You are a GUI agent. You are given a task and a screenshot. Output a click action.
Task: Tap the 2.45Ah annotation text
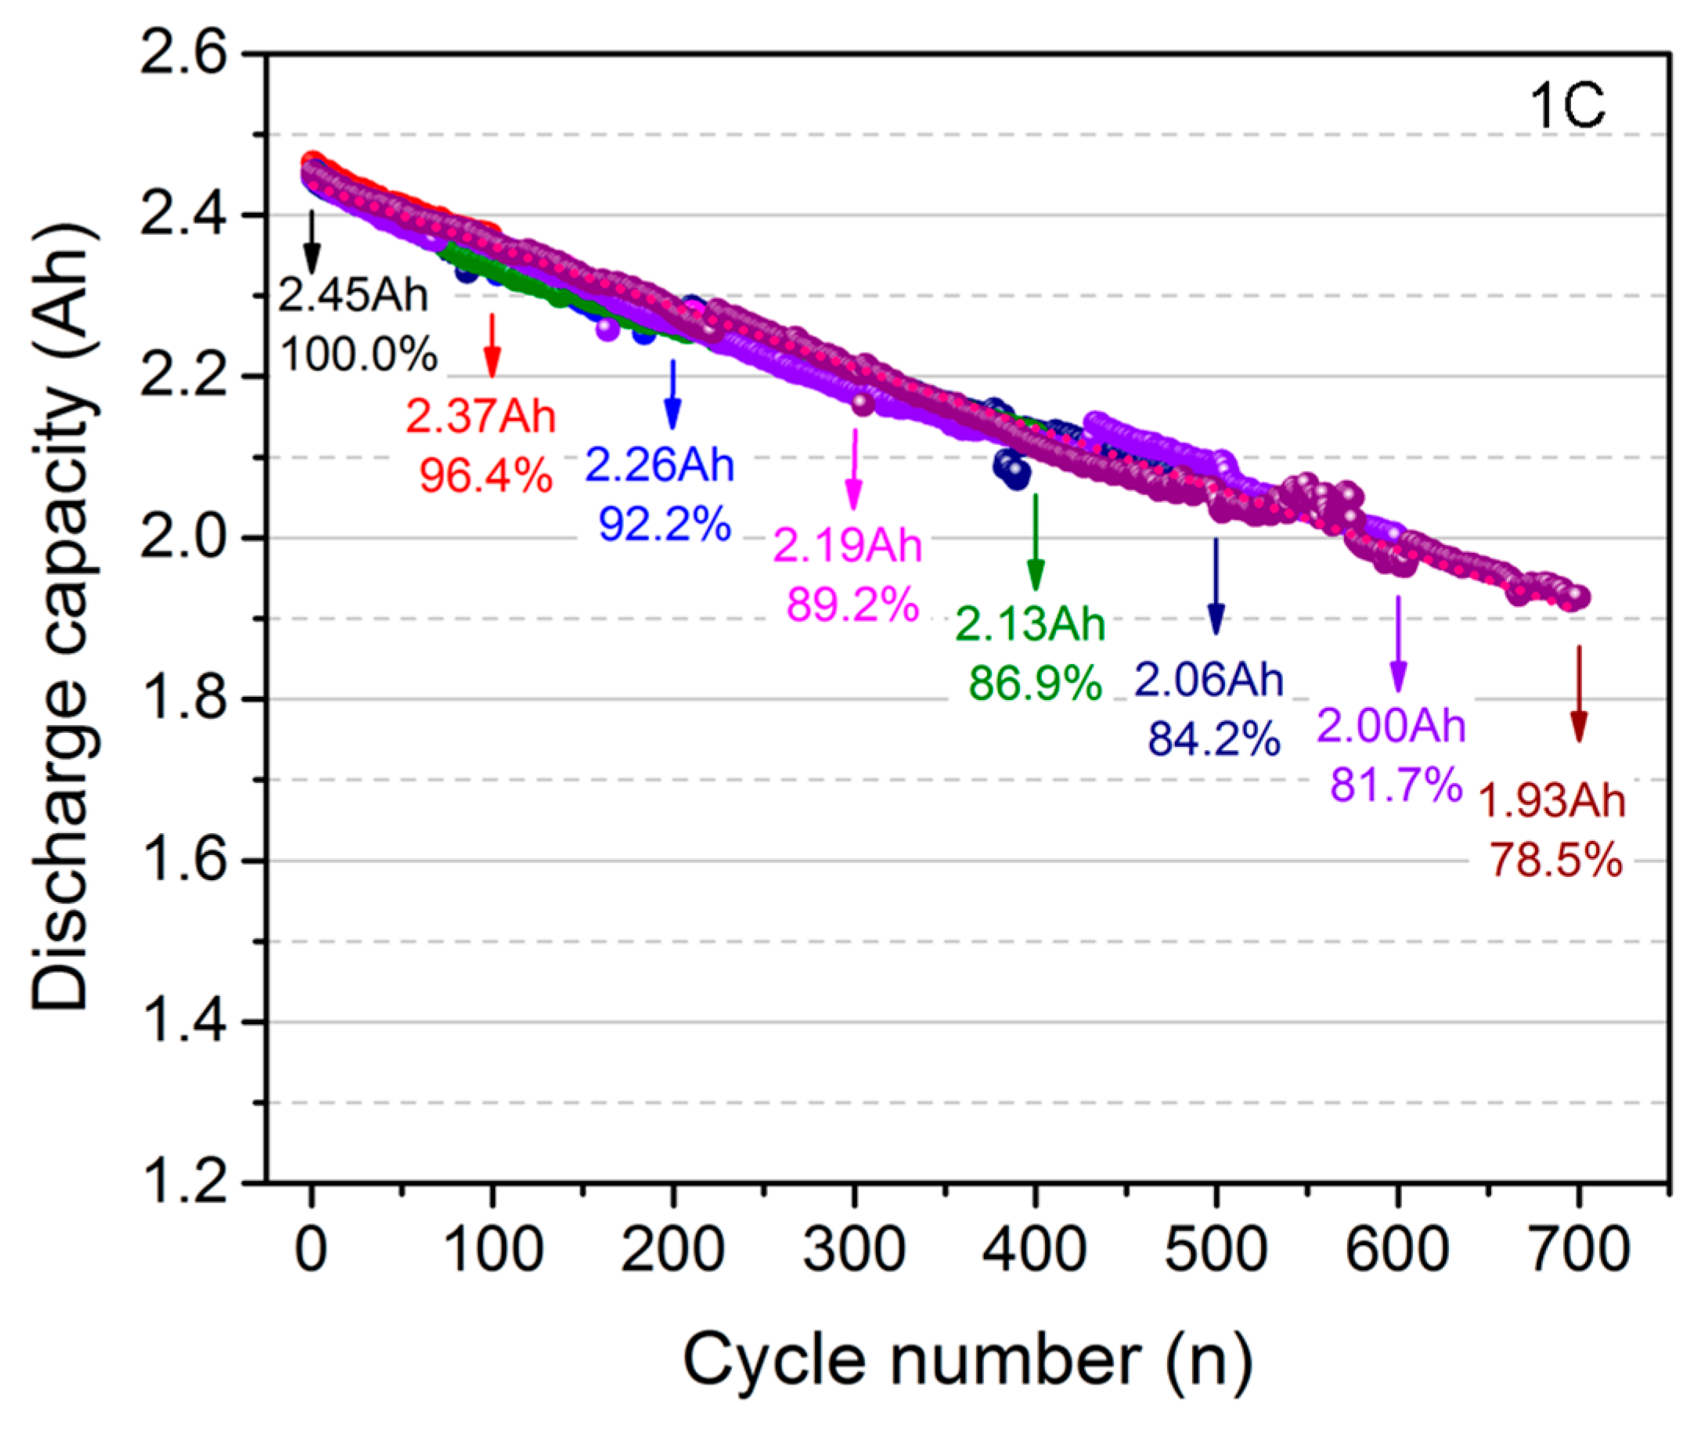coord(352,294)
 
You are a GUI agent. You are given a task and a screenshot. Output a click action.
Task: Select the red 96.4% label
coord(485,475)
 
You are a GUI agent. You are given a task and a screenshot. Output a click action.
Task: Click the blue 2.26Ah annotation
coord(659,465)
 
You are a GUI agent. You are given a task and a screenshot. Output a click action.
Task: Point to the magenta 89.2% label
coord(852,605)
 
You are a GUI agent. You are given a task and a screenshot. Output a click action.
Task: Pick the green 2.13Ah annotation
coord(1029,624)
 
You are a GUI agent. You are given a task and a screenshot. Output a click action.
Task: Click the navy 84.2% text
coord(1213,739)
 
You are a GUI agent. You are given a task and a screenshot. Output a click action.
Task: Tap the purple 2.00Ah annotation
coord(1390,724)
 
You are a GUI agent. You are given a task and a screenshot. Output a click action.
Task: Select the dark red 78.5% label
coord(1555,860)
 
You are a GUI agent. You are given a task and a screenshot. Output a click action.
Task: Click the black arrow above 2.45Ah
coord(311,241)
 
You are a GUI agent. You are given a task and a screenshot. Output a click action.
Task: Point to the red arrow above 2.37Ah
coord(492,345)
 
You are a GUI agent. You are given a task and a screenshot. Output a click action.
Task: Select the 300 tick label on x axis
coord(853,1249)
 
